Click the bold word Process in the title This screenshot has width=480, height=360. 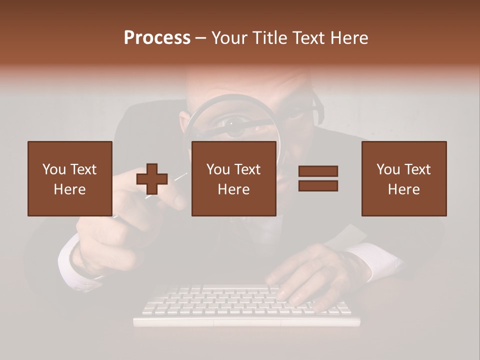tap(157, 38)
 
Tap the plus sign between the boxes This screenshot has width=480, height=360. tap(152, 179)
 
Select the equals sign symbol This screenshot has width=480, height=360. tap(318, 178)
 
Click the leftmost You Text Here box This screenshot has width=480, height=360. tap(70, 178)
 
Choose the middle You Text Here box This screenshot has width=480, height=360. tap(233, 178)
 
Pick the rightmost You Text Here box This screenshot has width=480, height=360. tap(403, 178)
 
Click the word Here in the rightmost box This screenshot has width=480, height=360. tap(403, 189)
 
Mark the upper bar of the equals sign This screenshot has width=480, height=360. tap(318, 171)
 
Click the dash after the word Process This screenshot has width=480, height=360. tap(201, 38)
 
